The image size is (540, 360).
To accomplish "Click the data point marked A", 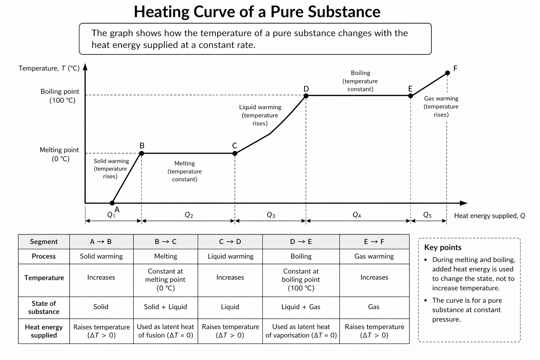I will (112, 203).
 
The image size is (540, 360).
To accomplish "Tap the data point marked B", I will (142, 153).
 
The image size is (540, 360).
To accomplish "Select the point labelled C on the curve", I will (235, 153).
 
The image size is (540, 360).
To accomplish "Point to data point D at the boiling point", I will (306, 96).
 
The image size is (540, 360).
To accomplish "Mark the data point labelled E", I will (410, 96).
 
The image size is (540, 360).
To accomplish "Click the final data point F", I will (447, 73).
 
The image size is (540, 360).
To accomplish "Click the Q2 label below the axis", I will (189, 215).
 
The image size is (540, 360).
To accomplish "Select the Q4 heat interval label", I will (357, 215).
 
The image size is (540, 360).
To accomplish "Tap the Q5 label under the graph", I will (427, 215).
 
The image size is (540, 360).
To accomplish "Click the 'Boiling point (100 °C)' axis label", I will (60, 96).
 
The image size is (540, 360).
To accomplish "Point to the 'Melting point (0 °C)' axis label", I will (59, 154).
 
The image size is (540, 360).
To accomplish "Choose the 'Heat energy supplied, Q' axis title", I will (489, 216).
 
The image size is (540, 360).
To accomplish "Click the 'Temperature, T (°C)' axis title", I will (49, 68).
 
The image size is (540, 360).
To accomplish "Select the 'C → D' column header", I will (230, 242).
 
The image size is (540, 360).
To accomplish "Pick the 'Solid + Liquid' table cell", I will (165, 307).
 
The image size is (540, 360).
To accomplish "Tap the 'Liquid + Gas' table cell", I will (301, 307).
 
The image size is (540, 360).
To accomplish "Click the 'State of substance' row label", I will (44, 307).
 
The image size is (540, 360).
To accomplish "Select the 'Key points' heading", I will (443, 247).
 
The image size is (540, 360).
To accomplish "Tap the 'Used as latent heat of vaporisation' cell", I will (301, 331).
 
